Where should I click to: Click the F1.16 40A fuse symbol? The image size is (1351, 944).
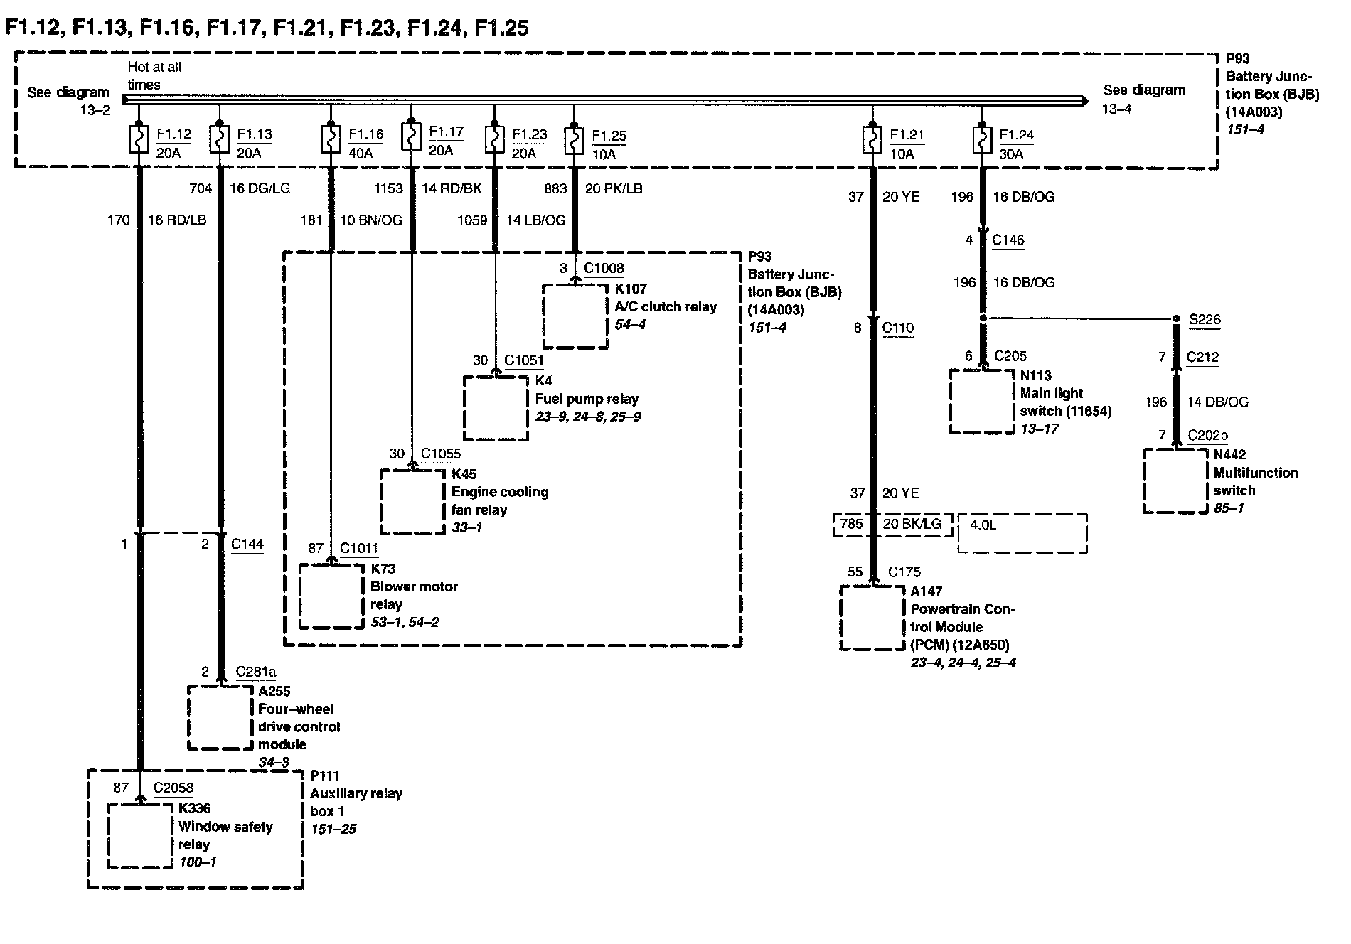tap(331, 139)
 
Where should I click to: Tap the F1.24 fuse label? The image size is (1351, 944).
tap(1016, 135)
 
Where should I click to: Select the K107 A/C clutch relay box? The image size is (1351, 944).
tap(575, 316)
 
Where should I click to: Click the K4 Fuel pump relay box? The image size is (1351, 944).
tap(496, 409)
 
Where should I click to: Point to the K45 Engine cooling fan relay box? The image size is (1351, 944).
tap(412, 501)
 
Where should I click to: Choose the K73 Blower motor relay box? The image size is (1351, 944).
tap(331, 596)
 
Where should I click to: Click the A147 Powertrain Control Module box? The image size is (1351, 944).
tap(872, 617)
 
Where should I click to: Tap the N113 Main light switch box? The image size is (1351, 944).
tap(982, 401)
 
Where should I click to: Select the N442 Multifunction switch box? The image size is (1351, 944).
tap(1175, 481)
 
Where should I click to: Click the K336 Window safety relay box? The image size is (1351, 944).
tap(141, 835)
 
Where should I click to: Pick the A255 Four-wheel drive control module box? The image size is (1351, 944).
tap(220, 717)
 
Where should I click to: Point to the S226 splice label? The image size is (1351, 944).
tap(1205, 319)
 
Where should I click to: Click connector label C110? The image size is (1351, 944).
tap(897, 328)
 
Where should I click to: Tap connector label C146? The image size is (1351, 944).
tap(1008, 240)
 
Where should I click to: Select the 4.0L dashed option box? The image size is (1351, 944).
tap(1022, 533)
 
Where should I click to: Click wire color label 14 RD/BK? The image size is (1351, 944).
tap(452, 188)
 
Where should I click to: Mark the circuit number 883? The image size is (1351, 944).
tap(555, 188)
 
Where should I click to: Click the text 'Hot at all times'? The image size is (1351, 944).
tap(154, 75)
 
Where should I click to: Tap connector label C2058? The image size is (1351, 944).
tap(173, 788)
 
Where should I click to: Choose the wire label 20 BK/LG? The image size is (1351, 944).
tap(912, 524)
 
